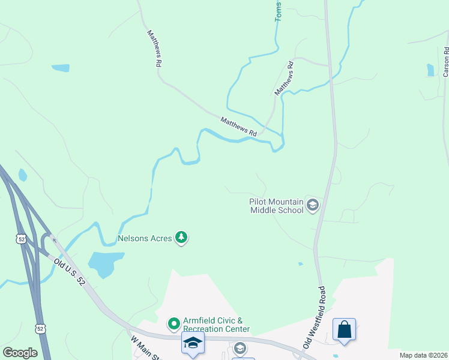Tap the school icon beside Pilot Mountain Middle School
tap(312, 206)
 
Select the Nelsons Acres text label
tap(146, 238)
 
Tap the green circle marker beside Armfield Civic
tap(174, 324)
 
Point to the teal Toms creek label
tap(278, 11)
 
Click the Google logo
tap(20, 353)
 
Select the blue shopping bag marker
tap(344, 329)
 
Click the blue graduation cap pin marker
tap(193, 343)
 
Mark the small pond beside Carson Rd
tap(430, 70)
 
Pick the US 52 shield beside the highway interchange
tap(22, 239)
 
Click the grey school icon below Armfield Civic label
tap(240, 348)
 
